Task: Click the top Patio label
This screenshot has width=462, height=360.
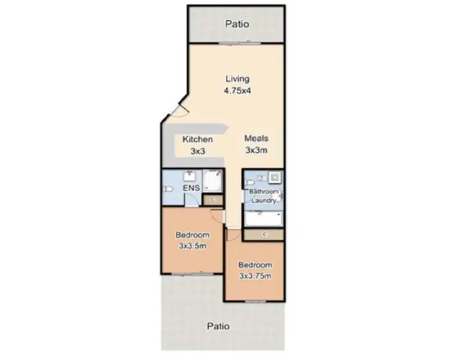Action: (237, 25)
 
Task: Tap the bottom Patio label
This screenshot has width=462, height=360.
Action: (219, 326)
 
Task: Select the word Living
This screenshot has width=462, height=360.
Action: (237, 79)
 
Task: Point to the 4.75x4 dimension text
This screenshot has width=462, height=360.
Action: (237, 90)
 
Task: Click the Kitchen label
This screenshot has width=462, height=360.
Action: (197, 140)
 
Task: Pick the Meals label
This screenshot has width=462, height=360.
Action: (256, 138)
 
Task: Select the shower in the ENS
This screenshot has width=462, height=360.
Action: (212, 180)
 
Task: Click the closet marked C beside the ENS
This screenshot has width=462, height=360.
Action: (213, 199)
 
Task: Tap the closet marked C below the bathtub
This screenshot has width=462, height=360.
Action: (263, 234)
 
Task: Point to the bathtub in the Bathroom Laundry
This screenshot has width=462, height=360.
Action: (263, 217)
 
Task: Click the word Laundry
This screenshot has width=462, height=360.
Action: (264, 200)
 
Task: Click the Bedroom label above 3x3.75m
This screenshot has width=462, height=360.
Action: (255, 265)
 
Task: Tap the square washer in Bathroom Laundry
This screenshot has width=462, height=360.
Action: (274, 178)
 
